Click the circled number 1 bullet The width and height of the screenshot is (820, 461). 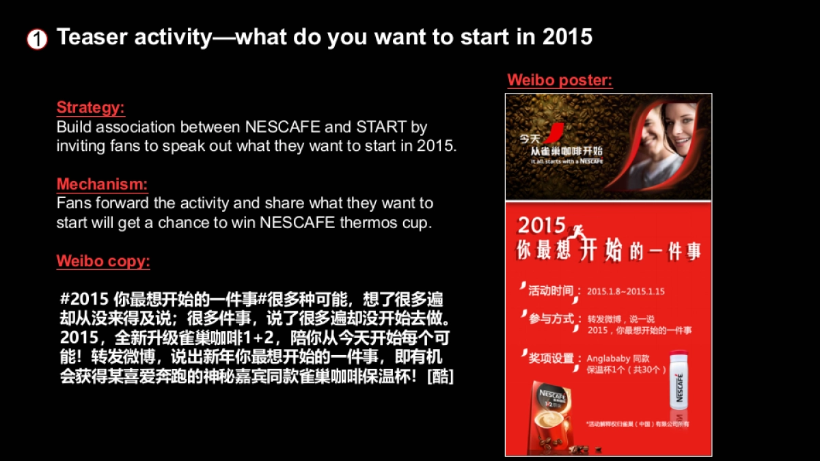pyautogui.click(x=37, y=40)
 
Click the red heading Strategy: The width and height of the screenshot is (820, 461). pyautogui.click(x=90, y=108)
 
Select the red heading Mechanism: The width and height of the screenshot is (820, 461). pyautogui.click(x=102, y=184)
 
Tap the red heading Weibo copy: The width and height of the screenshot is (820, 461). pyautogui.click(x=103, y=261)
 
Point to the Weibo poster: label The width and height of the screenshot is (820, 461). pyautogui.click(x=560, y=81)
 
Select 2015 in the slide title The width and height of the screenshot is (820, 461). pyautogui.click(x=567, y=37)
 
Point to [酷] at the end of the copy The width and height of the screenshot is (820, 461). pyautogui.click(x=439, y=376)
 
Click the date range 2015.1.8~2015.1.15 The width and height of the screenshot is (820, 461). pyautogui.click(x=625, y=292)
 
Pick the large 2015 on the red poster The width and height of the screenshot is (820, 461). pyautogui.click(x=541, y=226)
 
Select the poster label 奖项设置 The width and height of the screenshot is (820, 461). pyautogui.click(x=551, y=358)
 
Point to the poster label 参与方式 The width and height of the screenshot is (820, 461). pyautogui.click(x=551, y=318)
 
